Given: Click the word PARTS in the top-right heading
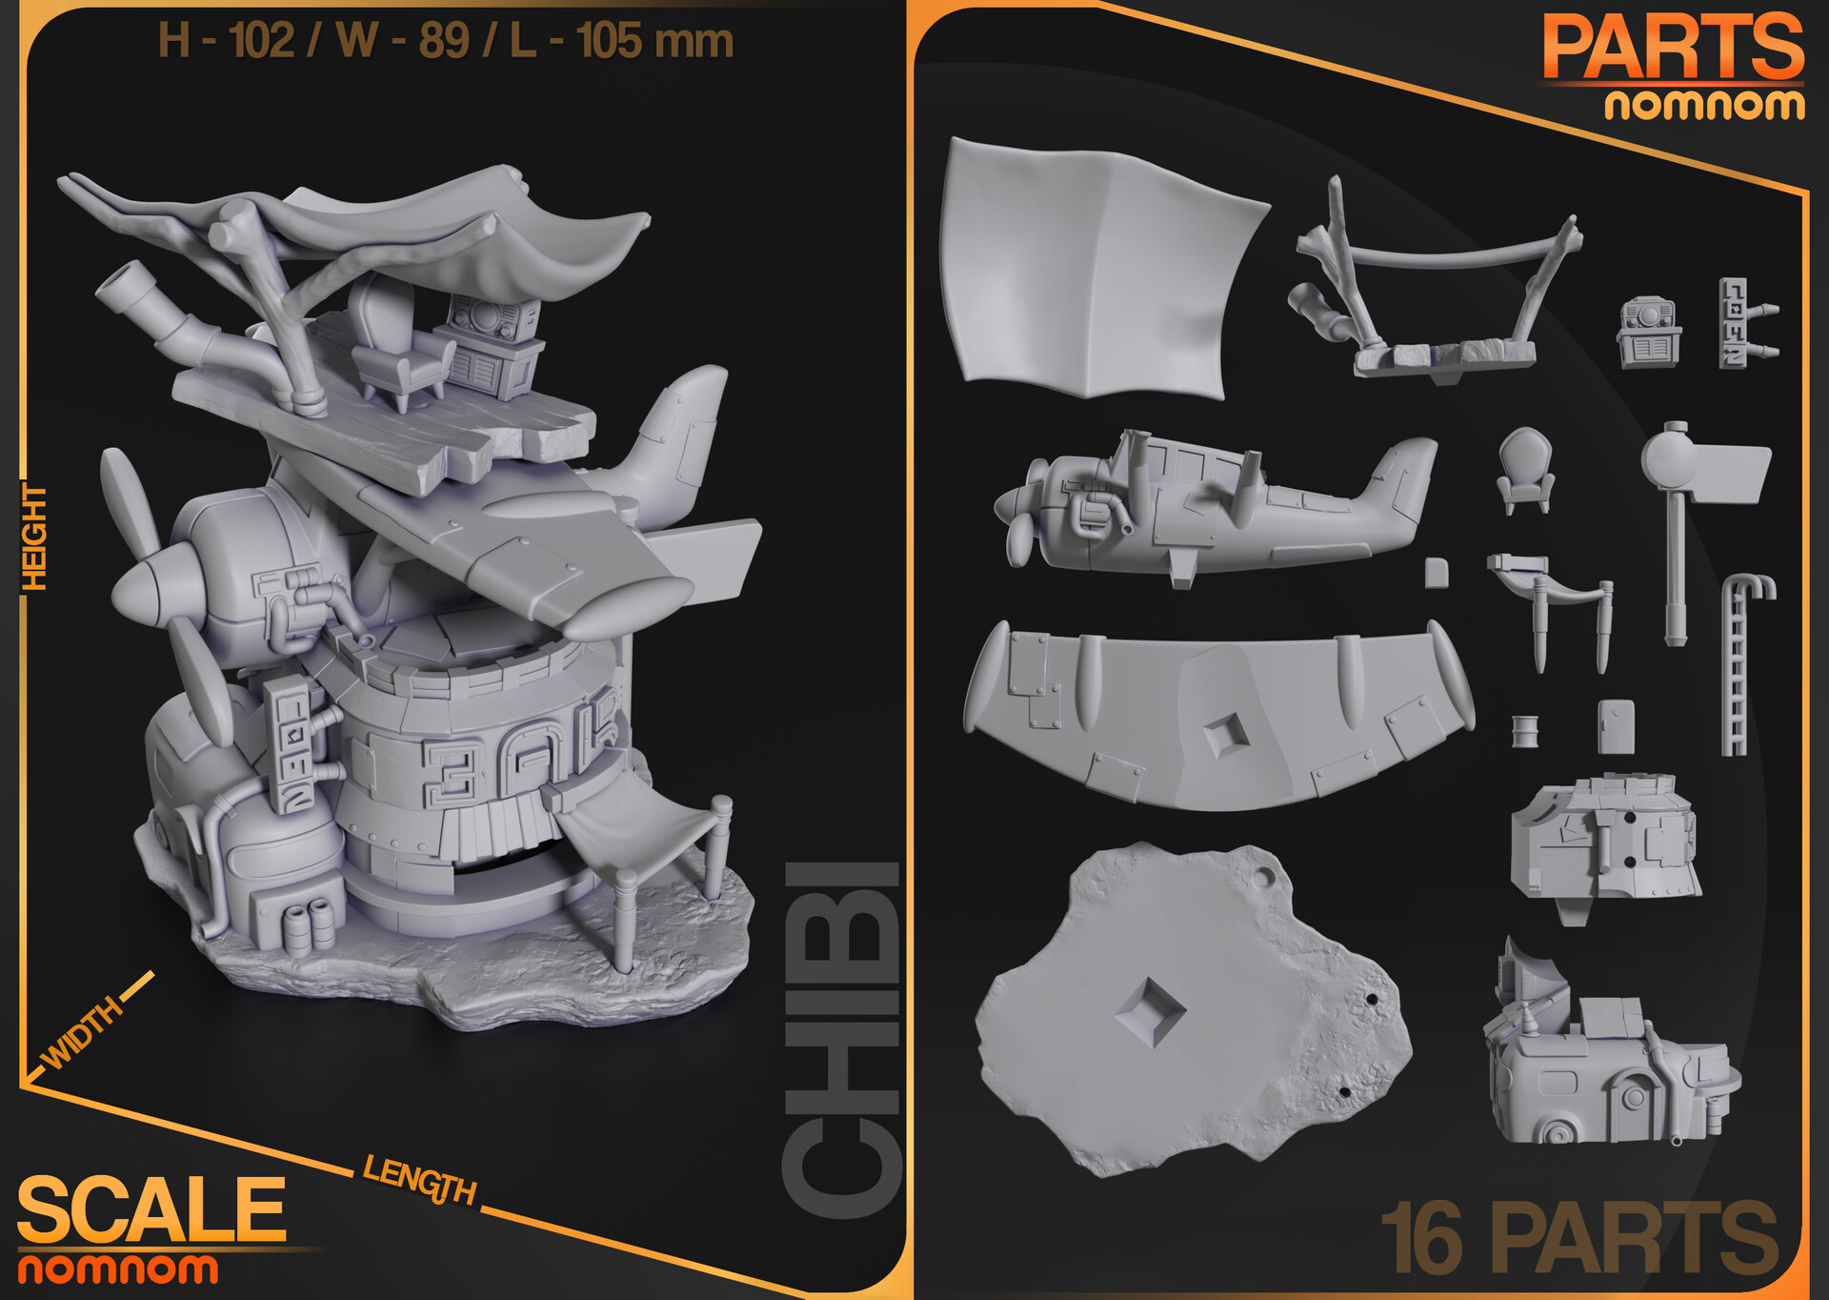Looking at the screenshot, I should click(x=1673, y=48).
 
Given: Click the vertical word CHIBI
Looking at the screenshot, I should click(x=842, y=1039).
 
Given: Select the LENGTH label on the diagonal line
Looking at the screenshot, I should click(x=419, y=1180).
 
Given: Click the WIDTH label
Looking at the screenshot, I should click(x=83, y=1032).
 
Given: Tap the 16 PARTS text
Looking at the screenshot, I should click(x=1578, y=1238).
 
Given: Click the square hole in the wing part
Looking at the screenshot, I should click(x=1227, y=735).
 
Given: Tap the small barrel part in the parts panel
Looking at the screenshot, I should click(x=1524, y=731).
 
